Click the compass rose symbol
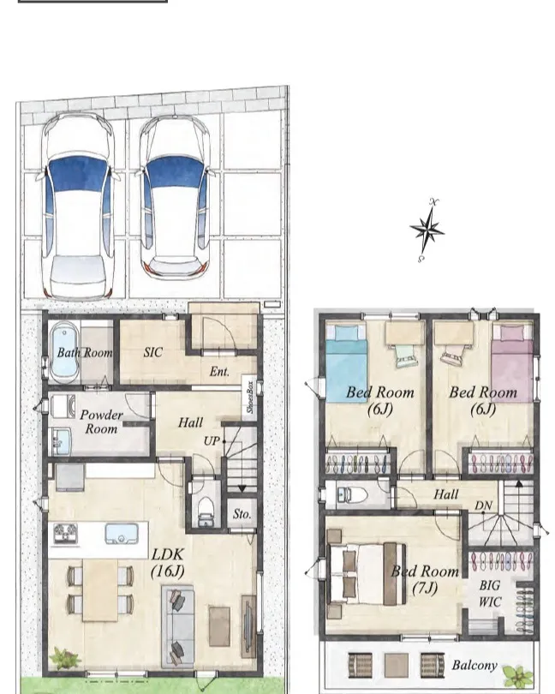(x=427, y=230)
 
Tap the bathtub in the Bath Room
(x=64, y=353)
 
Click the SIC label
(x=153, y=352)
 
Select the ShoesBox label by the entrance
(x=249, y=397)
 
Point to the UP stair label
(x=211, y=441)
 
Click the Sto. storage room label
(x=242, y=514)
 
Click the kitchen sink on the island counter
(x=122, y=533)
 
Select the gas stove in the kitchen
(x=65, y=533)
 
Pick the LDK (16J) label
(x=167, y=563)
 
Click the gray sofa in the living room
(x=178, y=626)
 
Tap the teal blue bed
(x=347, y=364)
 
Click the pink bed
(x=512, y=363)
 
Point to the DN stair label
(x=483, y=506)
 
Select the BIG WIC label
(x=490, y=594)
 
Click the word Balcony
(x=474, y=665)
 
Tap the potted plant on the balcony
(x=518, y=676)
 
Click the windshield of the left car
(x=78, y=173)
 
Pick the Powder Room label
(x=101, y=422)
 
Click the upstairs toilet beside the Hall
(x=352, y=495)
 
